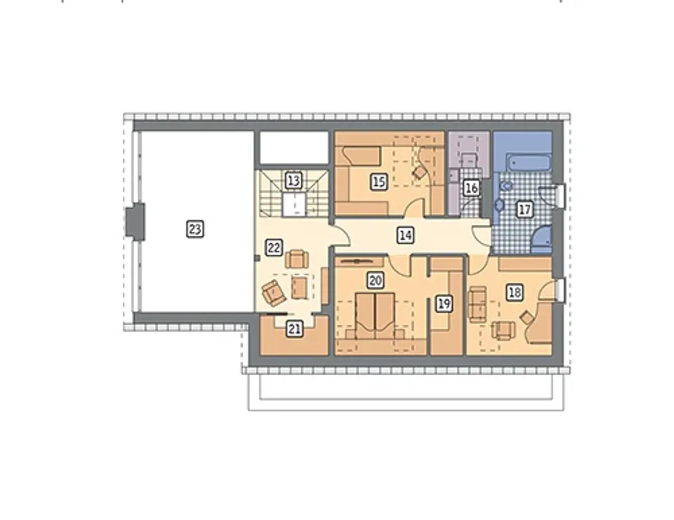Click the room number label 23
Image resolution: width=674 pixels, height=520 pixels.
(x=195, y=229)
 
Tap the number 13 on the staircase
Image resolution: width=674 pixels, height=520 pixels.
(x=293, y=180)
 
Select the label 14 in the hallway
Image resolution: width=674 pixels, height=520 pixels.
(x=405, y=235)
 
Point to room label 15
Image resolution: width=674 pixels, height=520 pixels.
(x=379, y=182)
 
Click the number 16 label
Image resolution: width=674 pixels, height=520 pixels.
(x=471, y=188)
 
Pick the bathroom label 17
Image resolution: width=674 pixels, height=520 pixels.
(x=524, y=209)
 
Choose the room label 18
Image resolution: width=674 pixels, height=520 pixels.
(x=515, y=292)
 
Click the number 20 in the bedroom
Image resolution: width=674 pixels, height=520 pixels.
(x=375, y=281)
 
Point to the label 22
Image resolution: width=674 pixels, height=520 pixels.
(x=274, y=247)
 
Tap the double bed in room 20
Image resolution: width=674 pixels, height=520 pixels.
(x=375, y=317)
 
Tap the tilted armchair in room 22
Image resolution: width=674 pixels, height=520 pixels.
(x=274, y=293)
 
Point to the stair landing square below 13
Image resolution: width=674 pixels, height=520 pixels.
(x=294, y=204)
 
